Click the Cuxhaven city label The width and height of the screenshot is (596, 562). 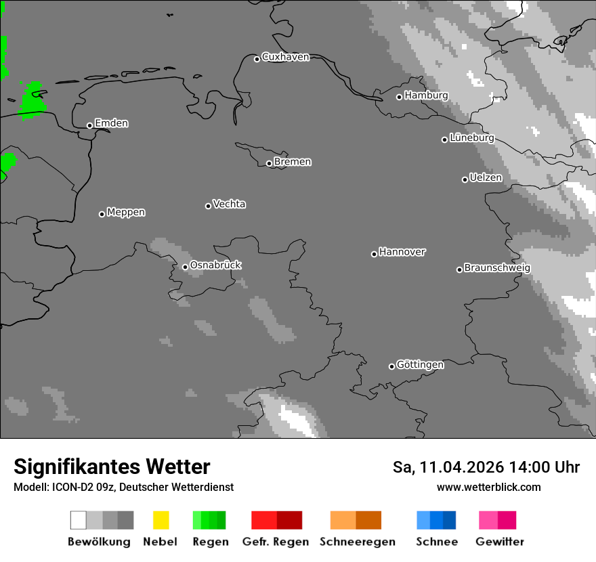285,57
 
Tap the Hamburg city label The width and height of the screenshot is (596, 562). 426,95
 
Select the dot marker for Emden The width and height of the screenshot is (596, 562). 89,125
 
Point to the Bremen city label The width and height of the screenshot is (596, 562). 293,162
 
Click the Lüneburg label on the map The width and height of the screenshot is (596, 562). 471,137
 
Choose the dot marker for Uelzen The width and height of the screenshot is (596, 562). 465,179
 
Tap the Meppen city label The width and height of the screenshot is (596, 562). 126,212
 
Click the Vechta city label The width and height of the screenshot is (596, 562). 229,204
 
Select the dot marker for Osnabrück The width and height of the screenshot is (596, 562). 185,267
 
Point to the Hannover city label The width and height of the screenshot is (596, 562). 402,252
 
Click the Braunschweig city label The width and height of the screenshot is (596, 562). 497,267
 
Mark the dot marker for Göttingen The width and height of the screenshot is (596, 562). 391,366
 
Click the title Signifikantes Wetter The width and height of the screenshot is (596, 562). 112,467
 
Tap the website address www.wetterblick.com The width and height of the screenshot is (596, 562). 488,487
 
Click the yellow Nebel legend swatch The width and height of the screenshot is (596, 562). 161,520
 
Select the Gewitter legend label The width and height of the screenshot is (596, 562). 500,542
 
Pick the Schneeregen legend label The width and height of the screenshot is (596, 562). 357,542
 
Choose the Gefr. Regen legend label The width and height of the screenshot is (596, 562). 276,542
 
